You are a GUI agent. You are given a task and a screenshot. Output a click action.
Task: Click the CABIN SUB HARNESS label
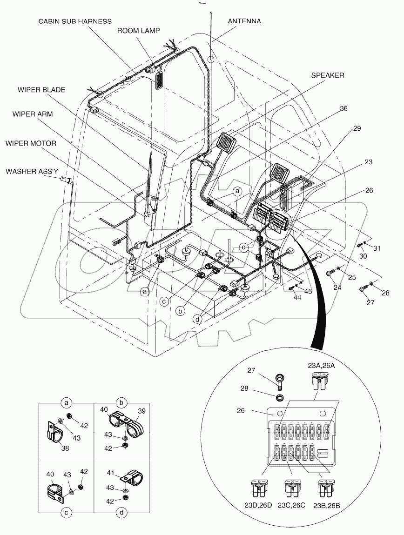(x=74, y=21)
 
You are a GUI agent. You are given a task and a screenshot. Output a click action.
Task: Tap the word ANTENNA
(x=244, y=21)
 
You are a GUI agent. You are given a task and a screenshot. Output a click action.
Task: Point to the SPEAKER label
(x=327, y=75)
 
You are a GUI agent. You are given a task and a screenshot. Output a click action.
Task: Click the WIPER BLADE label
(x=41, y=89)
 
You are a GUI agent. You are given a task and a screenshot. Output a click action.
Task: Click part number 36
(x=343, y=108)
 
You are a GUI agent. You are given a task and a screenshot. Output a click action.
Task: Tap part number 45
(x=308, y=292)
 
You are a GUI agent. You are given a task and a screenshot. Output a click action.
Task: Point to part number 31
(x=377, y=248)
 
